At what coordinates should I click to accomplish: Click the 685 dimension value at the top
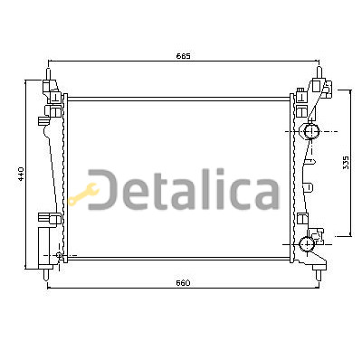184,56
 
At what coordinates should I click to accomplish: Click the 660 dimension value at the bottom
184,283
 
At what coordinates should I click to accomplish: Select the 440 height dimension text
21,174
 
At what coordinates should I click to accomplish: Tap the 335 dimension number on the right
346,163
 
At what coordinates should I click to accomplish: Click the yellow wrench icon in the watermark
83,194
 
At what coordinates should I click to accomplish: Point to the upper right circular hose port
311,131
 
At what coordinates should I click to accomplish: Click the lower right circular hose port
307,244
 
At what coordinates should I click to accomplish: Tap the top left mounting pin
48,74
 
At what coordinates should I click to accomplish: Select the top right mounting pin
319,72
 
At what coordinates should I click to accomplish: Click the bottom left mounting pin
46,275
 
